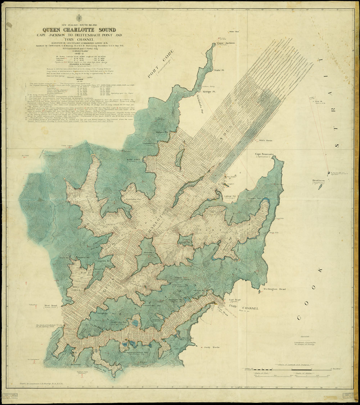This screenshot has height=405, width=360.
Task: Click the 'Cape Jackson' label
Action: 226,43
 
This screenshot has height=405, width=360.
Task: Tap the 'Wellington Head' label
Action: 275,289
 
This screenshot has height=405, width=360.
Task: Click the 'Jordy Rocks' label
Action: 212,347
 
